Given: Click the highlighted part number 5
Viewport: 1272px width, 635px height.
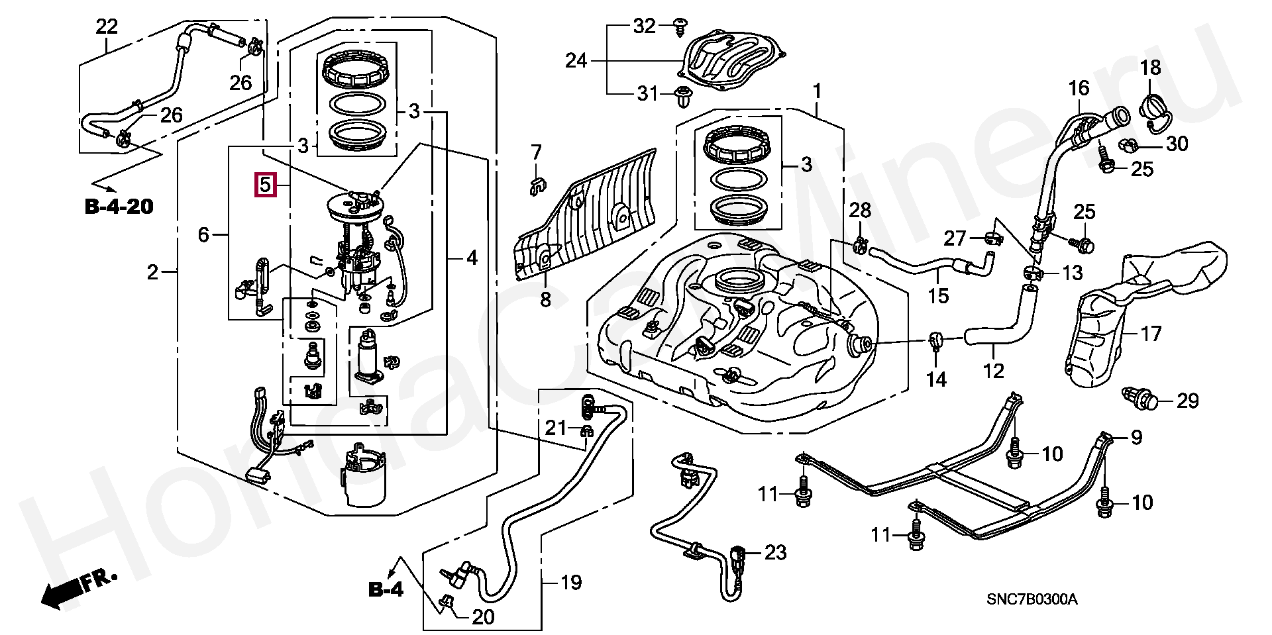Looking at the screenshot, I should coord(265,185).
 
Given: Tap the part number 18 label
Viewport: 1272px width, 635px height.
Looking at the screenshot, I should coord(1150,68).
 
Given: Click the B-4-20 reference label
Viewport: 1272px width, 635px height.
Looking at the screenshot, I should coord(119,207).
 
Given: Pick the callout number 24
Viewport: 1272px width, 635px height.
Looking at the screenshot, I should coord(576,62).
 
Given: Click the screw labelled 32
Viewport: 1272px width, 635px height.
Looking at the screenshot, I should coord(679,24).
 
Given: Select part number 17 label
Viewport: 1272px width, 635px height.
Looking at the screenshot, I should coord(1151,333).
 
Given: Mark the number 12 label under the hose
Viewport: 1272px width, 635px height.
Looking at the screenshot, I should coord(994,371).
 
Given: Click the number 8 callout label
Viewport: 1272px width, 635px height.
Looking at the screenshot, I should coord(545,301).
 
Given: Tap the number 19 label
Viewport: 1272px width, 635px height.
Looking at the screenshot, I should coord(571,583).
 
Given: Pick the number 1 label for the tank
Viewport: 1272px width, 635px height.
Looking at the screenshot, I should coord(817,91).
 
